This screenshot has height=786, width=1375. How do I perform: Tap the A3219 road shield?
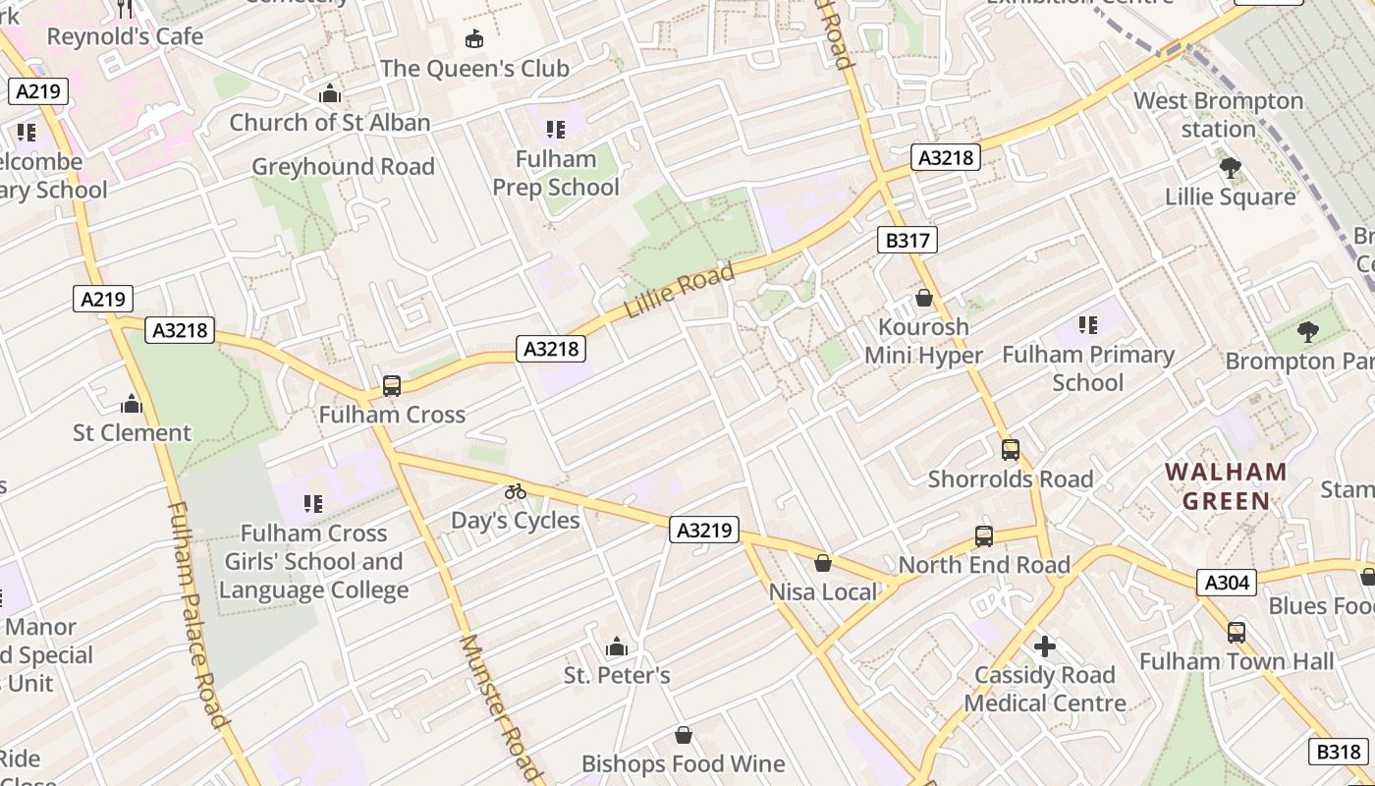tap(704, 530)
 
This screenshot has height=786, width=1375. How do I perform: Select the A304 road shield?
tap(1228, 583)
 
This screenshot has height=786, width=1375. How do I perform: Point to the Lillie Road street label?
tap(680, 291)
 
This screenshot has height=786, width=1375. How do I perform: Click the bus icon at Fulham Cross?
tap(392, 386)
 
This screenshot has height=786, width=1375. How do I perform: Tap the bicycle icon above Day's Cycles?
tap(516, 491)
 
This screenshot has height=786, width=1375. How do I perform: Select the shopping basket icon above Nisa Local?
tap(823, 563)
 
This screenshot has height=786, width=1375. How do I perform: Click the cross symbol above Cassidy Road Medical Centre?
tap(1045, 646)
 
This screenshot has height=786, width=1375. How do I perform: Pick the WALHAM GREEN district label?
tap(1226, 486)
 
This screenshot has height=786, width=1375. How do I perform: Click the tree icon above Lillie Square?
tap(1230, 168)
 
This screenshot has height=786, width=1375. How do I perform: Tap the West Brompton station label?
tap(1218, 115)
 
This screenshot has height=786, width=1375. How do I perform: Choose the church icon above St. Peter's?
tap(617, 646)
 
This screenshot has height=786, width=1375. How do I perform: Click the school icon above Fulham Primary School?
tap(1087, 324)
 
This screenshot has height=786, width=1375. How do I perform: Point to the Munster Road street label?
tap(501, 707)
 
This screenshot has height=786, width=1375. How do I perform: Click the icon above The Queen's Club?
tap(474, 39)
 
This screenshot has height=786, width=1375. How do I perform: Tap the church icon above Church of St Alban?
tap(330, 93)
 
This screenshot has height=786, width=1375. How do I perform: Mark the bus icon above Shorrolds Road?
tap(1011, 450)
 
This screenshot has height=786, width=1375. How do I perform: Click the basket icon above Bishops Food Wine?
tap(684, 735)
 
